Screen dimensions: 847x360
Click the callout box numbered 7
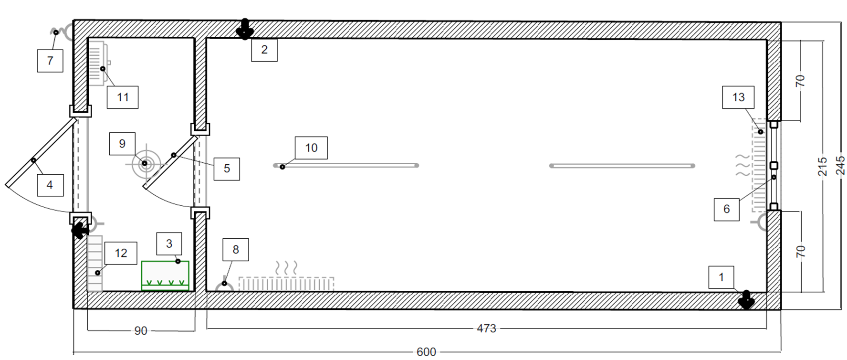[50, 61]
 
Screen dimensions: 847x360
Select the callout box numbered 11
[123, 97]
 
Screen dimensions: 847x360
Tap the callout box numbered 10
[311, 148]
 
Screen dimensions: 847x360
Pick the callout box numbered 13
[738, 97]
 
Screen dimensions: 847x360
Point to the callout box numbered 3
[169, 244]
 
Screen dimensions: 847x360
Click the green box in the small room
[165, 275]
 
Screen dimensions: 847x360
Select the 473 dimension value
[486, 328]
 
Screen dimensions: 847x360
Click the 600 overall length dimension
[426, 352]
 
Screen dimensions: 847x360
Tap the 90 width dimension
[140, 331]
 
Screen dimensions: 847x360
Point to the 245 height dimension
[840, 165]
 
